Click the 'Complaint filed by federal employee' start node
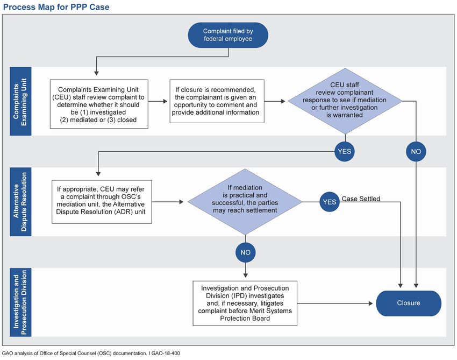coord(228,35)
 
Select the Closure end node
coord(409,303)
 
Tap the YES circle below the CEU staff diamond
coord(345,151)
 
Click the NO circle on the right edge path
coord(416,151)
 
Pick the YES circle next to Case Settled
coord(330,202)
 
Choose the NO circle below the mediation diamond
coord(245,252)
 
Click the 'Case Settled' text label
coord(361,199)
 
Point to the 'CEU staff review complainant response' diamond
coord(345,101)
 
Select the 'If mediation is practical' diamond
coord(245,202)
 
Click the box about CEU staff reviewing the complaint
coord(99,104)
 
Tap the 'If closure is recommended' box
coord(217,101)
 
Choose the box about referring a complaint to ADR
coord(102,202)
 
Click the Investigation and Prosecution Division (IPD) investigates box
coord(245,303)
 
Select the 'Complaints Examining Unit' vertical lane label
coord(20,101)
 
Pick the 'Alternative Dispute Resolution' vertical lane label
coord(20,202)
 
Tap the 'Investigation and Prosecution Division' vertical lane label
coord(20,302)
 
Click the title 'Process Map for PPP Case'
coord(56,7)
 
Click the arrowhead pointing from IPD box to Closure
coord(371,303)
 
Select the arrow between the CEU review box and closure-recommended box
coord(158,101)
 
